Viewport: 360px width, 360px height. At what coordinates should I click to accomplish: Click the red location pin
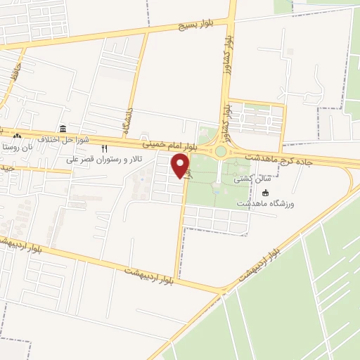181,166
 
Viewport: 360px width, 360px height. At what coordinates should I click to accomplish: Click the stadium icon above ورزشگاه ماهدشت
265,193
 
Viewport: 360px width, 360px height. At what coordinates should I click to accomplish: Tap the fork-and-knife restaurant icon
105,148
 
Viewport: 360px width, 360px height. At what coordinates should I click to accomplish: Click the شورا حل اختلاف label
63,140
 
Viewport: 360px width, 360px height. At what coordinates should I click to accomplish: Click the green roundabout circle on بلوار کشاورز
221,151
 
